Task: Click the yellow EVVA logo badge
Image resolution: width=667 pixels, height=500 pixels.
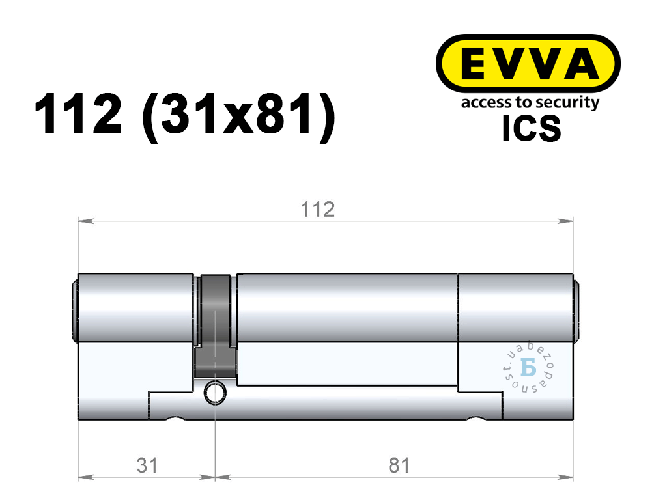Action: pos(528,64)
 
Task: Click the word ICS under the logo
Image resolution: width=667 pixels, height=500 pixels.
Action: pos(532,128)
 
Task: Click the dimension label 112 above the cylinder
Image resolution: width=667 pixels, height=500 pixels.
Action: pos(318,210)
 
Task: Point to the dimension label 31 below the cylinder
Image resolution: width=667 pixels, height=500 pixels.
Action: pos(147,465)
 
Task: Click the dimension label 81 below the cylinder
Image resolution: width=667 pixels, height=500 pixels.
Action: pos(399,465)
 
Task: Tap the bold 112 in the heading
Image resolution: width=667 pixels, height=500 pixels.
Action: pos(78,114)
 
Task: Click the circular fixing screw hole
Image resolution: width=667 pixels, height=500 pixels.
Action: pos(215,392)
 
